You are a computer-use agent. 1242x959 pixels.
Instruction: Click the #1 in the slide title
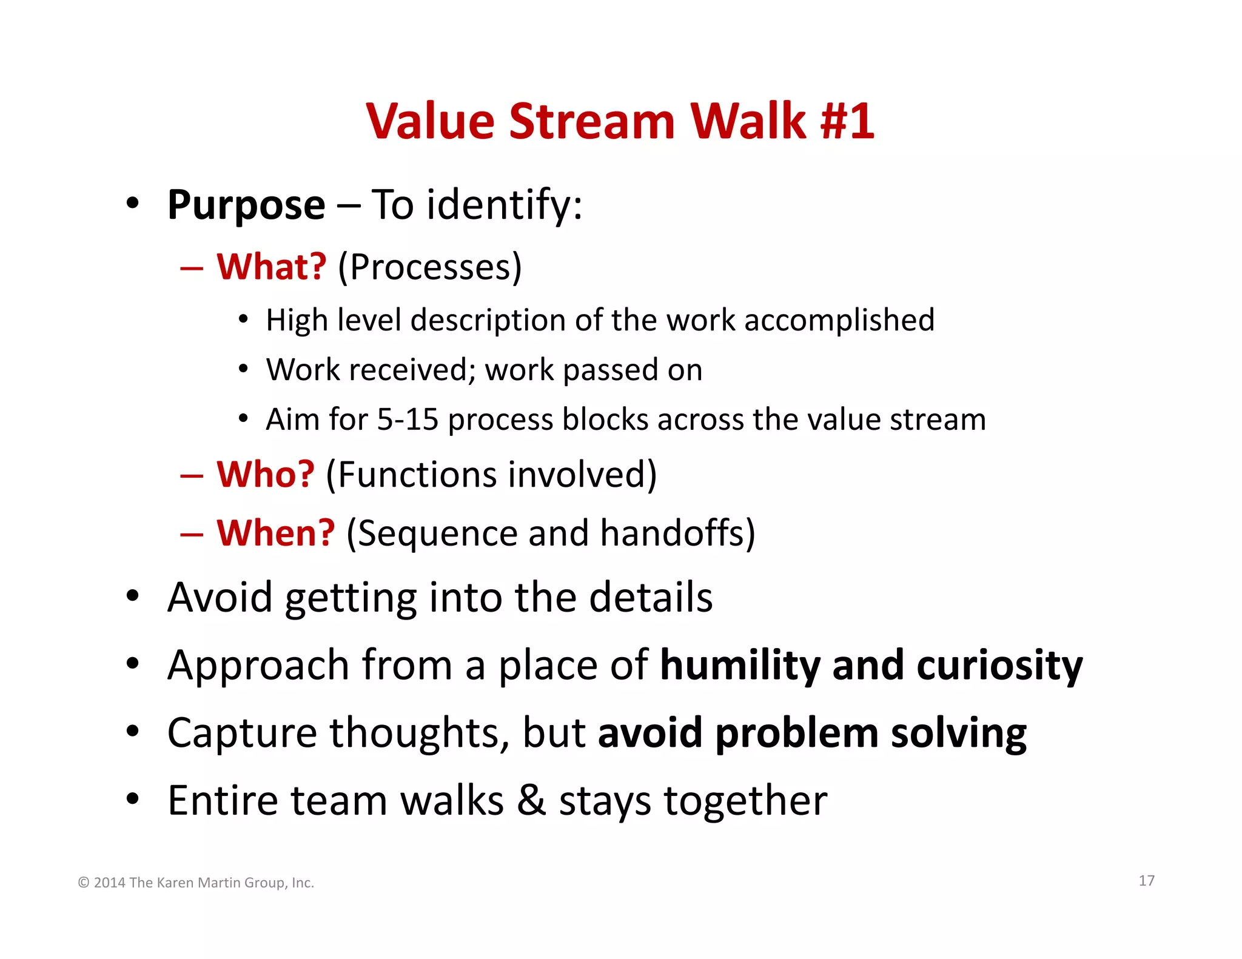point(847,121)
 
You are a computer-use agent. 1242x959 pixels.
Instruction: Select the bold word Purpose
point(246,206)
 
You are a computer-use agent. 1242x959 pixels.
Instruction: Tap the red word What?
point(272,267)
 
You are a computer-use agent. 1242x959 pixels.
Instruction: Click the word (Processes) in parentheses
point(429,267)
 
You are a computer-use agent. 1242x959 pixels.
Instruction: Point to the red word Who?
point(266,474)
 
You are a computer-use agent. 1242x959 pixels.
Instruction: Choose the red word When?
point(275,533)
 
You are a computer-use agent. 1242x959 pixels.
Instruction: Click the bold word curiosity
point(999,665)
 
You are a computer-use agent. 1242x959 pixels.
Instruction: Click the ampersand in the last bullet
point(531,801)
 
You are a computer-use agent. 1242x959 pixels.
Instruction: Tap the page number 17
point(1146,881)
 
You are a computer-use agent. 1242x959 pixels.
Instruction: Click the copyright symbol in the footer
point(84,883)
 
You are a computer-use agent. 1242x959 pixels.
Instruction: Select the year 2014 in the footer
point(109,883)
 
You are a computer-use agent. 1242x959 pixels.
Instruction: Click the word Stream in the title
point(592,121)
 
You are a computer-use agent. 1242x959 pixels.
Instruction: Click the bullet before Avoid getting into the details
point(133,596)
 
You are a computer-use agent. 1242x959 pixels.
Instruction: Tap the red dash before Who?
point(192,475)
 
